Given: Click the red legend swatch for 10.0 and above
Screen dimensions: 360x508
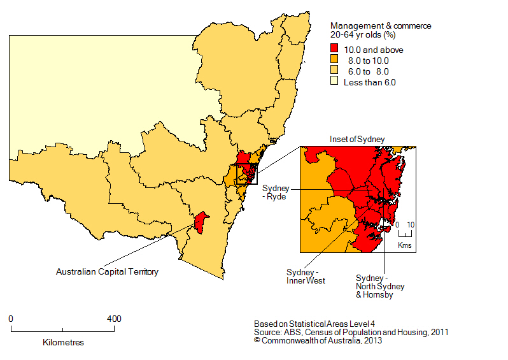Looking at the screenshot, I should click(x=334, y=50).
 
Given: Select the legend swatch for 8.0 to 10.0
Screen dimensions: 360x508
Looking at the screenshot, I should click(x=334, y=61).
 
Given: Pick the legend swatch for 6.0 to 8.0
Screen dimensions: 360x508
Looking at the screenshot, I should click(x=334, y=71).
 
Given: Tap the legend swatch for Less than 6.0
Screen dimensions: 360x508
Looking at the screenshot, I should click(x=334, y=82).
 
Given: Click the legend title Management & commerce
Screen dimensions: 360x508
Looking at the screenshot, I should click(x=380, y=26).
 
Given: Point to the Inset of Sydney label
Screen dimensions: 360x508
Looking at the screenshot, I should click(x=357, y=139).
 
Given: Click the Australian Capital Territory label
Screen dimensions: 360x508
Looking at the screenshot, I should click(x=107, y=272).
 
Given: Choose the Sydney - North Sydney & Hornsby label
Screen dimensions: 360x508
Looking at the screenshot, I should click(x=379, y=287).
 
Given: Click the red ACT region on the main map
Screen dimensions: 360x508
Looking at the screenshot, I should click(x=201, y=223).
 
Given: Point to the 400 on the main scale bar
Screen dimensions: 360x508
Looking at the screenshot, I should click(x=113, y=319).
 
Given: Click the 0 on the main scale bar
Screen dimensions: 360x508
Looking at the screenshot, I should click(x=11, y=319).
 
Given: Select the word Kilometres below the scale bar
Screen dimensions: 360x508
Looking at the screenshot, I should click(x=63, y=342).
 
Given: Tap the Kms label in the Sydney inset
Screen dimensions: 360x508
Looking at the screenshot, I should click(x=404, y=245).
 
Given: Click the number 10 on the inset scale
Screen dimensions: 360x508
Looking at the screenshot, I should click(x=411, y=225).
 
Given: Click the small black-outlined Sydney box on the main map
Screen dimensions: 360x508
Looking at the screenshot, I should click(x=246, y=174).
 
